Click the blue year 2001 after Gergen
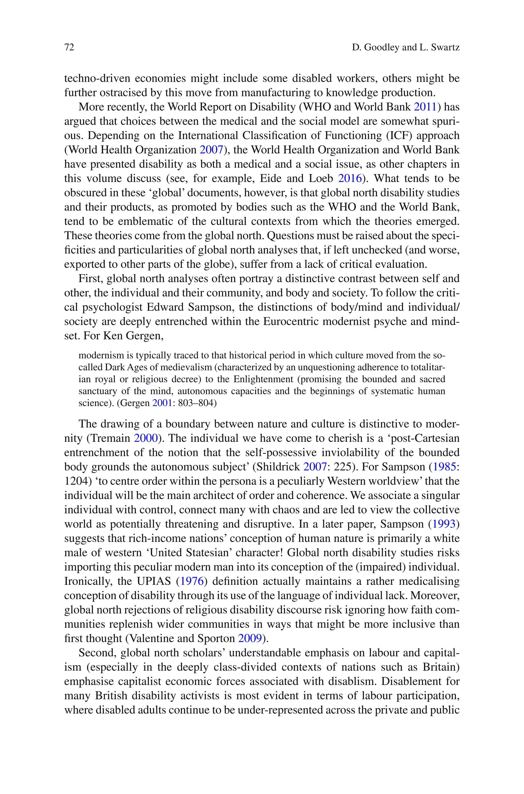pos(162,403)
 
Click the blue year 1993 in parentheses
pos(444,524)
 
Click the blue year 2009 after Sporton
pos(250,639)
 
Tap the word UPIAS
pos(154,581)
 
